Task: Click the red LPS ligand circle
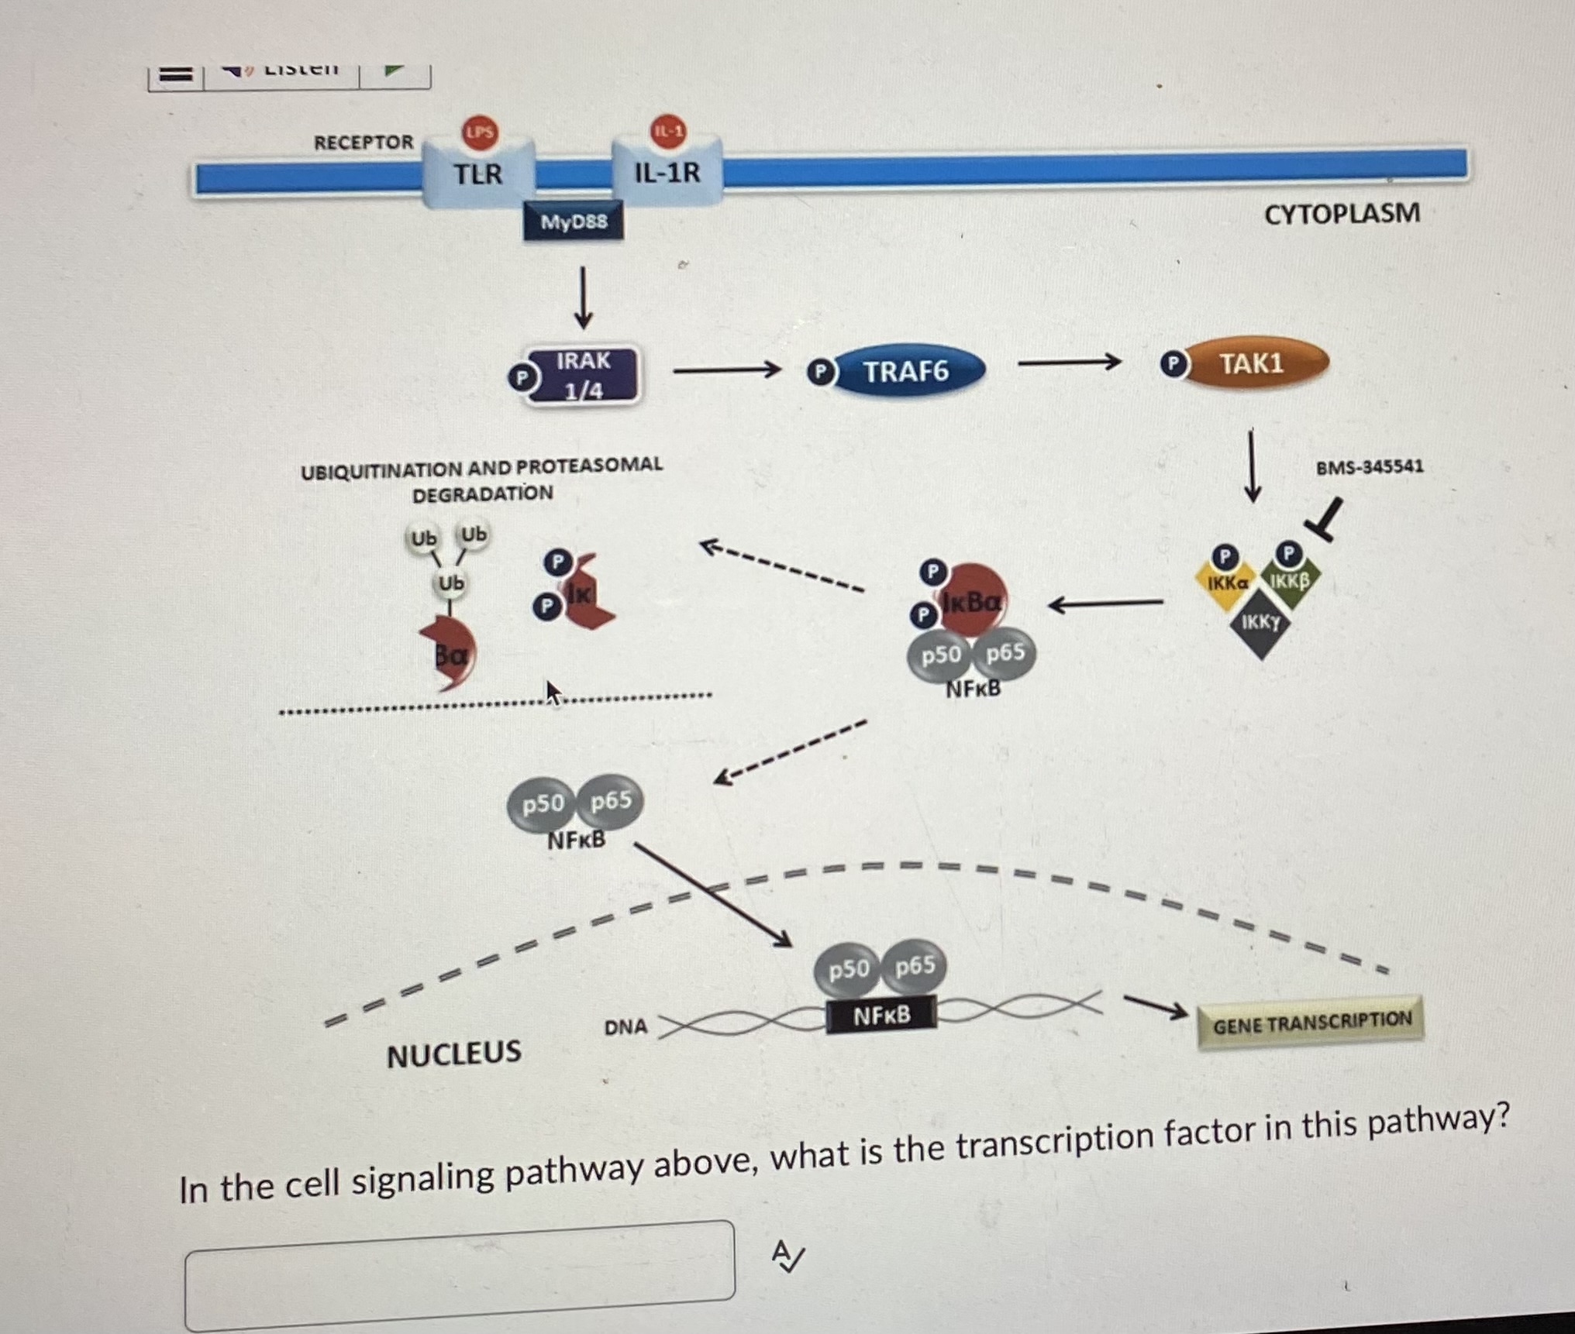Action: (x=480, y=132)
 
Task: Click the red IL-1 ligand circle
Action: (x=668, y=131)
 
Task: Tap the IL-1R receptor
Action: (x=667, y=172)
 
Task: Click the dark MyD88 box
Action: (x=574, y=222)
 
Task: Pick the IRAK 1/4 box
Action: (x=583, y=376)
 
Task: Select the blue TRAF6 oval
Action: (x=906, y=372)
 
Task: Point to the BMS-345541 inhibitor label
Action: (x=1369, y=467)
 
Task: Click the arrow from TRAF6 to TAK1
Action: (x=1069, y=362)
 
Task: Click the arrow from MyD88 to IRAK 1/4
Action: (x=583, y=298)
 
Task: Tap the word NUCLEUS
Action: (x=454, y=1054)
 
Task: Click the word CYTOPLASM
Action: (x=1342, y=214)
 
